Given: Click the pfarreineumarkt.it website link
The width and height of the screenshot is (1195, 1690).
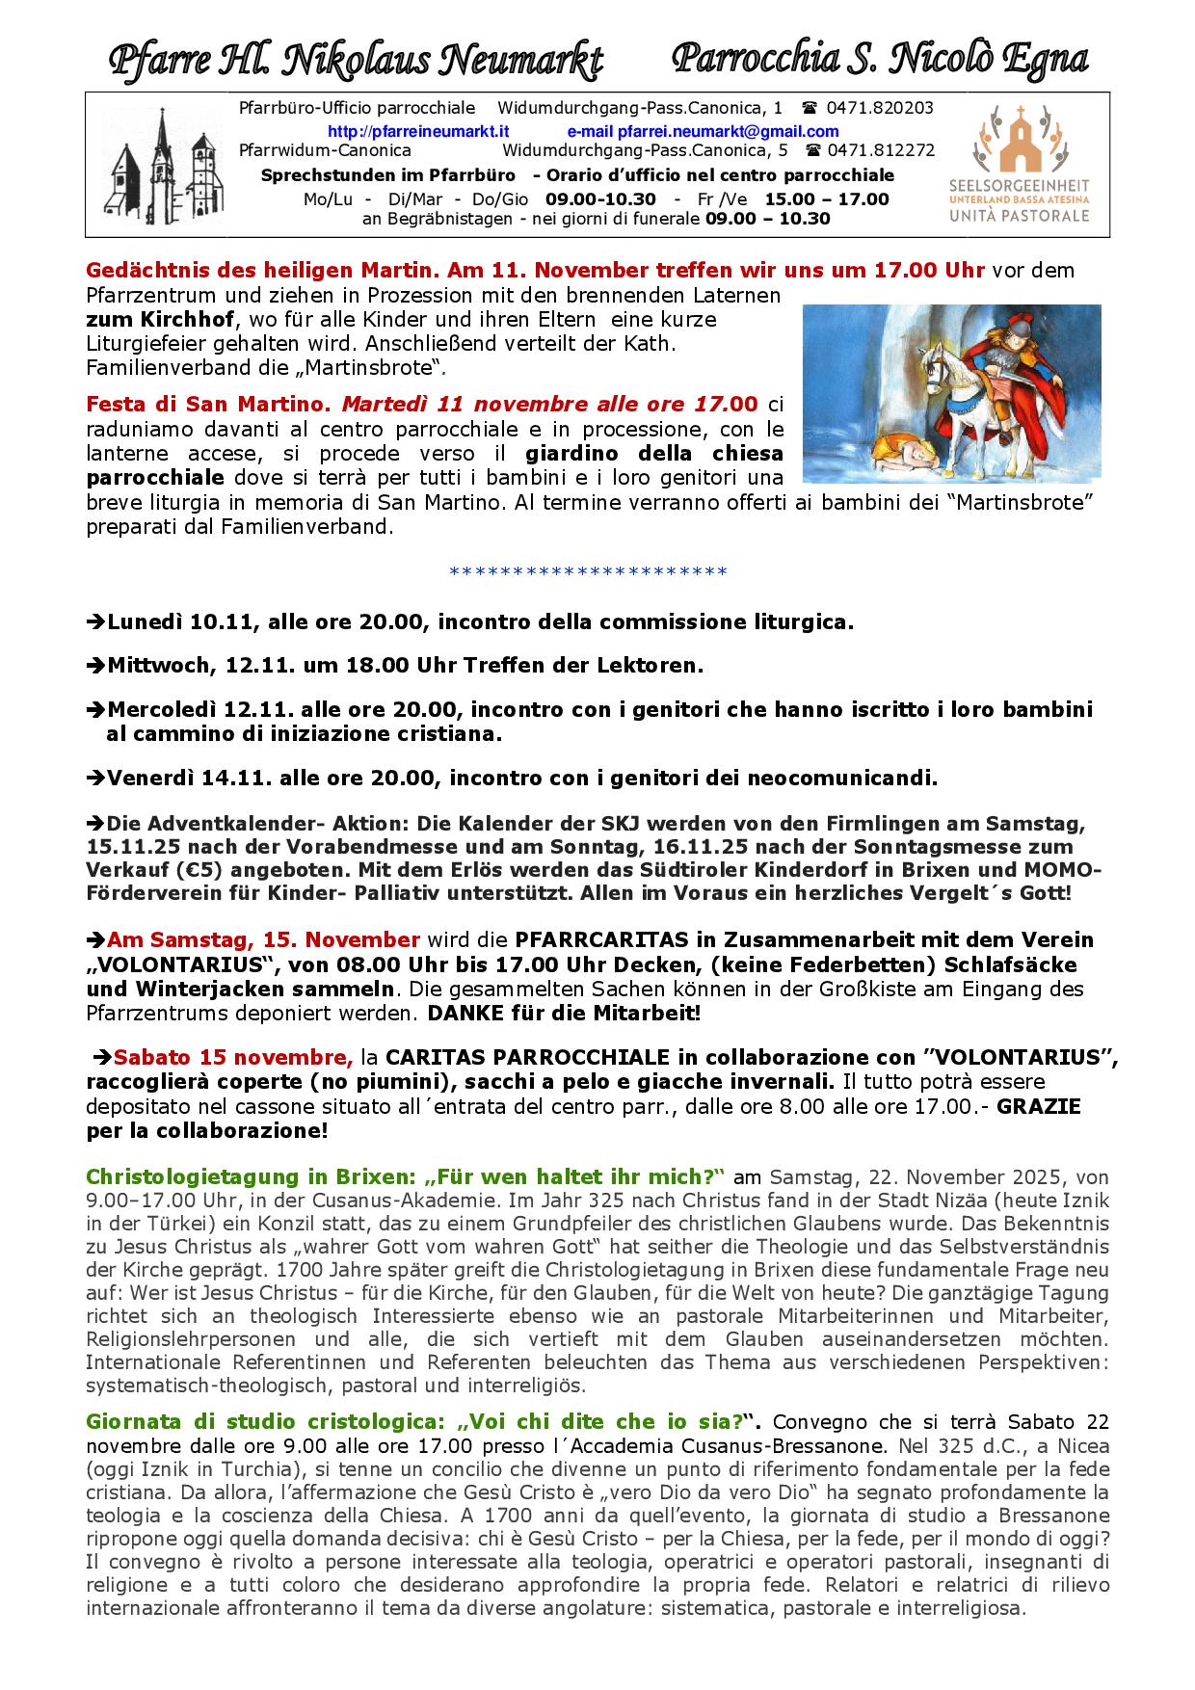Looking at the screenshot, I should tap(418, 131).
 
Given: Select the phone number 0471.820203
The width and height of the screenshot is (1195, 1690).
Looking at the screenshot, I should tap(880, 108).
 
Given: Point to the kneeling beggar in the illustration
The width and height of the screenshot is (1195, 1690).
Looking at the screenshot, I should tap(901, 450).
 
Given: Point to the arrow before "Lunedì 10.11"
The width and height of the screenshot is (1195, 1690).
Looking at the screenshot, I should tap(96, 622).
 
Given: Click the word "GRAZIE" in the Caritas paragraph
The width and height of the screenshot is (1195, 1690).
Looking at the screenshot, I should tap(1039, 1106).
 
